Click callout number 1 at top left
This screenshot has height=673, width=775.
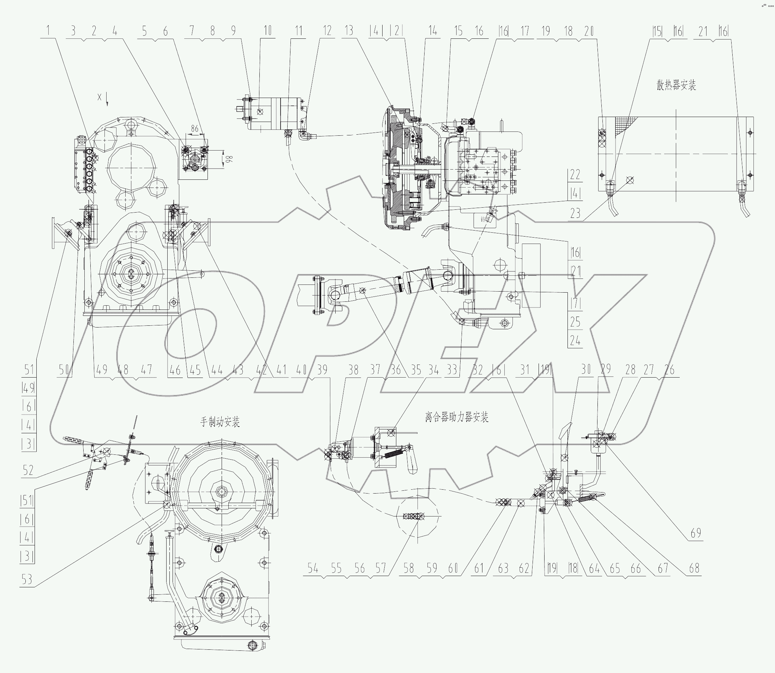coord(48,31)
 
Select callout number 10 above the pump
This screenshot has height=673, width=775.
coord(268,31)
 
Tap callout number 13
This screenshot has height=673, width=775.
coord(349,31)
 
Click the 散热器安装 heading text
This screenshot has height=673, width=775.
coord(676,86)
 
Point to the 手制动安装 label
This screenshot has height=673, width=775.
coord(220,422)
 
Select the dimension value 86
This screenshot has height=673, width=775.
coord(194,129)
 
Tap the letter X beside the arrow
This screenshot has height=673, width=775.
coord(99,97)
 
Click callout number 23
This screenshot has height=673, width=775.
coord(575,213)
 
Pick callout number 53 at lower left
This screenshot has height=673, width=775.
coord(27,580)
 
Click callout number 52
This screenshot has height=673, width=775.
coord(28,470)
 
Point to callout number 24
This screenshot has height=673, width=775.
coord(575,341)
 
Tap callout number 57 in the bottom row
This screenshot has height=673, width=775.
coord(380,568)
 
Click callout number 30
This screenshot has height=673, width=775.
coord(586,369)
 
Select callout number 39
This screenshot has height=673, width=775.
coord(322,369)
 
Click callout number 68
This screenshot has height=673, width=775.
coord(694,568)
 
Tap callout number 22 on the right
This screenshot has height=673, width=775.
coord(575,175)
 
